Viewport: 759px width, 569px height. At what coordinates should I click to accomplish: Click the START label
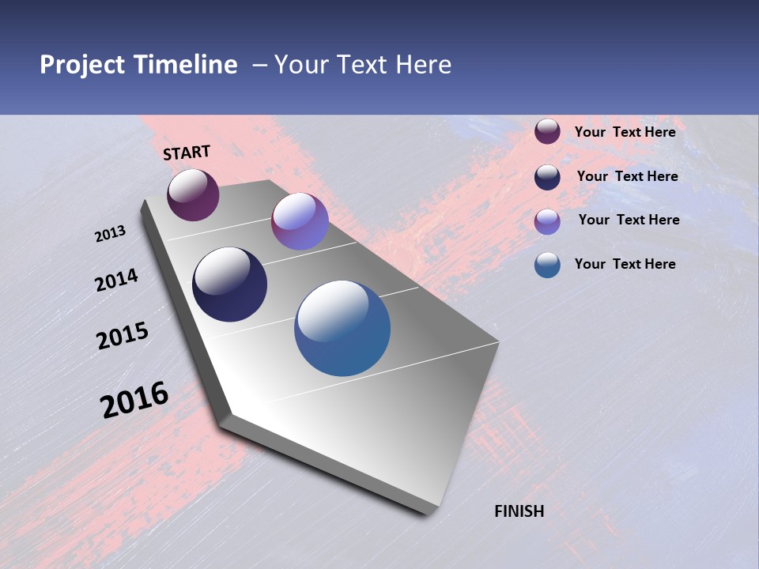pos(187,153)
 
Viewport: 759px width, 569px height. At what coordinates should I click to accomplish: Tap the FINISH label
pos(519,511)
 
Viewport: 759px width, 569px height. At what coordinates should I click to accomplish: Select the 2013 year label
pos(111,234)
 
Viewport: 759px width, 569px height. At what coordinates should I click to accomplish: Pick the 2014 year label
pos(117,280)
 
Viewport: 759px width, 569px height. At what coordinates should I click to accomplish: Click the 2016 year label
pos(134,400)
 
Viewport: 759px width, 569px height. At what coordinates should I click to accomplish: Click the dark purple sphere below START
pos(193,194)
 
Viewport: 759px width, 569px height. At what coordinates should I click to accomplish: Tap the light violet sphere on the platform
pos(300,221)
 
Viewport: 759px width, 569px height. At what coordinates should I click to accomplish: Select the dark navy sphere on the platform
pos(229,284)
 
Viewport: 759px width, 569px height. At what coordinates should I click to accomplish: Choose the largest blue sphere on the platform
pos(342,328)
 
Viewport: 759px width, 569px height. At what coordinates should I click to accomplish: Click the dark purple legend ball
pos(547,132)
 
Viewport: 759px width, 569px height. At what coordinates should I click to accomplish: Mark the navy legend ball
pos(547,177)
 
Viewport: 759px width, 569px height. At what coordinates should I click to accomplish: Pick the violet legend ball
pos(547,221)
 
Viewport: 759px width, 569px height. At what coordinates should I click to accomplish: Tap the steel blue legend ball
pos(547,265)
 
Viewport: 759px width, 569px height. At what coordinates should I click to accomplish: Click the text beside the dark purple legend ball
pos(625,132)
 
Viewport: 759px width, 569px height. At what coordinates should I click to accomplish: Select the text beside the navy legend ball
pos(627,176)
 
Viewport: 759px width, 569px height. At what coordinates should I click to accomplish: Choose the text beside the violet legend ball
pos(629,220)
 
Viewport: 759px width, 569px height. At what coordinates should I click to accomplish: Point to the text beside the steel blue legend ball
pos(625,264)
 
